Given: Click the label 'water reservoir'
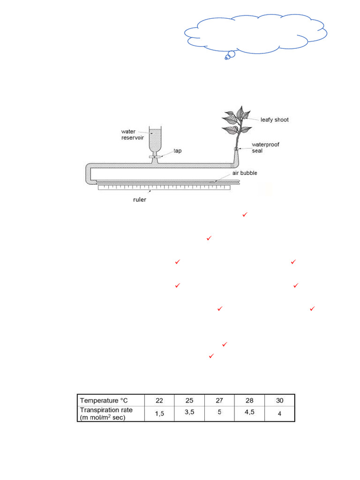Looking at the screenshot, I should (x=131, y=134).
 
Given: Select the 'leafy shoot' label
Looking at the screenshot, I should (x=275, y=120).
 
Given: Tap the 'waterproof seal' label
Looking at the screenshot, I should (x=266, y=148).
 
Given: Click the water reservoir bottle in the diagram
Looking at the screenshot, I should (x=155, y=141).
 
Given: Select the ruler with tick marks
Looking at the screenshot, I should (x=164, y=188).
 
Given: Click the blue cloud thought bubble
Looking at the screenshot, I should (x=255, y=34).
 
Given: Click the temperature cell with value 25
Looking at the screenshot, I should (x=189, y=400).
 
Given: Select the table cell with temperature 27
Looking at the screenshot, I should (x=219, y=400).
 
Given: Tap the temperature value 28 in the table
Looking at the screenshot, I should (x=249, y=400).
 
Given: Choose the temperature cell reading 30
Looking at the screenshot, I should (x=280, y=400).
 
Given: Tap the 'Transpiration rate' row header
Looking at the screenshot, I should (x=107, y=413).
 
